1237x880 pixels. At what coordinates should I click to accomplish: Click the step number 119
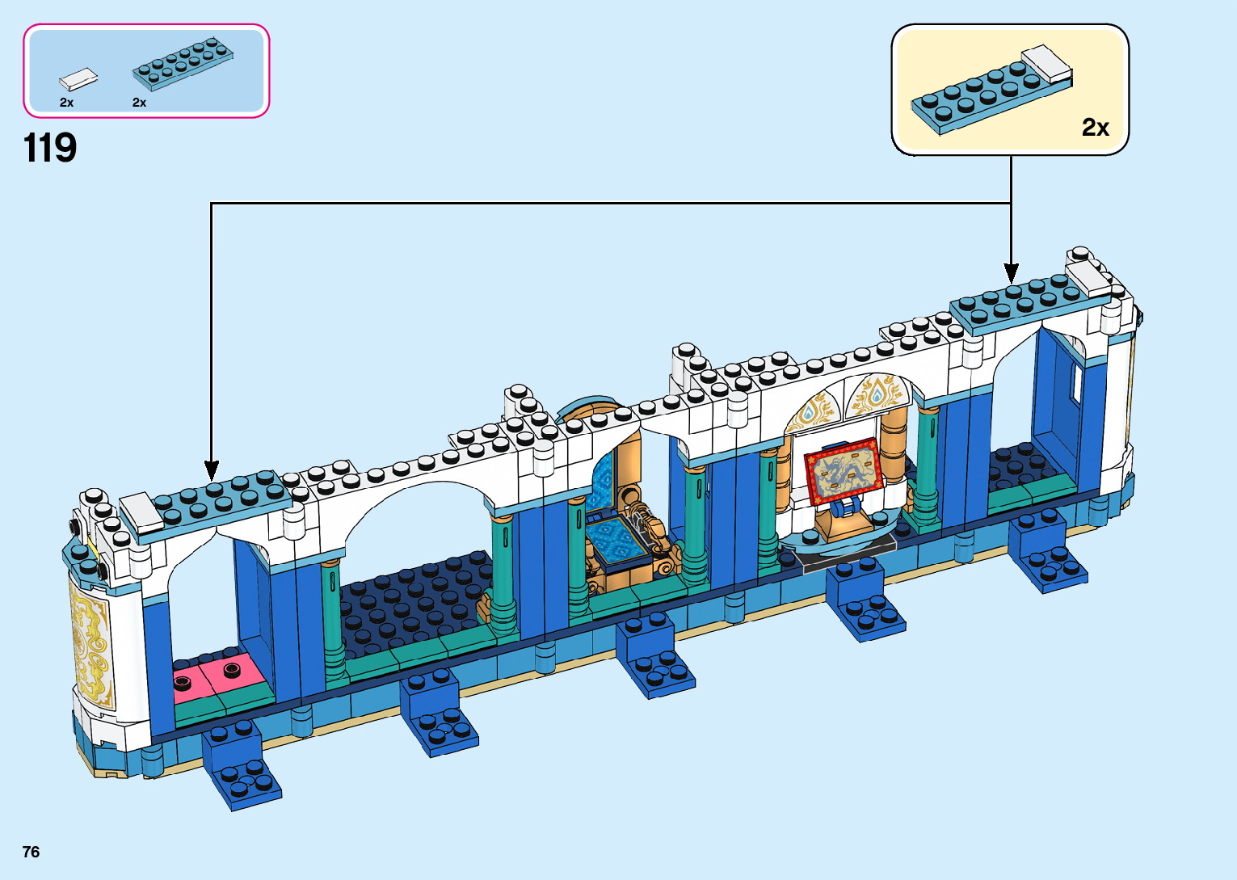(x=50, y=149)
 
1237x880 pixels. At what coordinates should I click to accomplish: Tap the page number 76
(x=31, y=852)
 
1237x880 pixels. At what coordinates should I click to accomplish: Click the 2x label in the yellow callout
(x=1095, y=128)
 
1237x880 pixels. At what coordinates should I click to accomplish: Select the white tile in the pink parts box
(x=78, y=78)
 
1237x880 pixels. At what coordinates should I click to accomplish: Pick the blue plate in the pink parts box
(x=183, y=62)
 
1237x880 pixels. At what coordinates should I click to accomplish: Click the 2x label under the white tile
(x=66, y=103)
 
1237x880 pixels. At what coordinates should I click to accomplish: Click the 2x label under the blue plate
(x=139, y=103)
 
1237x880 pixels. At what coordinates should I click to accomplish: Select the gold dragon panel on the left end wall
(x=90, y=647)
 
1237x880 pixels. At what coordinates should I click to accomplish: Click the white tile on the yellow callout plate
(x=1047, y=63)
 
